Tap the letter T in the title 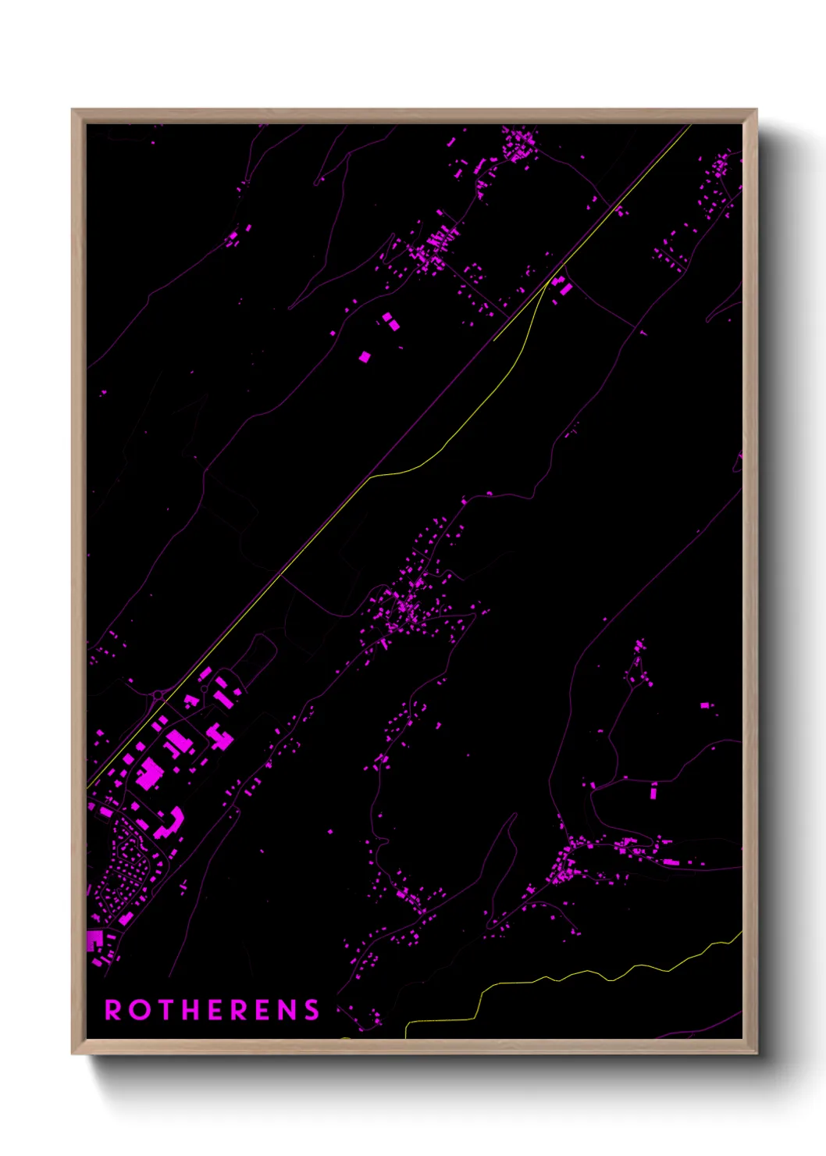tap(166, 1010)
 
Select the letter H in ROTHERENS tap(194, 1010)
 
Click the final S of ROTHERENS tap(312, 1010)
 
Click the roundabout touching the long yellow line tap(158, 694)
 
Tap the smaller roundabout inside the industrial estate tap(204, 690)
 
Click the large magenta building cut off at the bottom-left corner tap(94, 940)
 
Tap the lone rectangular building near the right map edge tap(704, 705)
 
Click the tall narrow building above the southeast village tap(653, 792)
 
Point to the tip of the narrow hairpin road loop tap(514, 815)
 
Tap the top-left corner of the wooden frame tap(73, 110)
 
